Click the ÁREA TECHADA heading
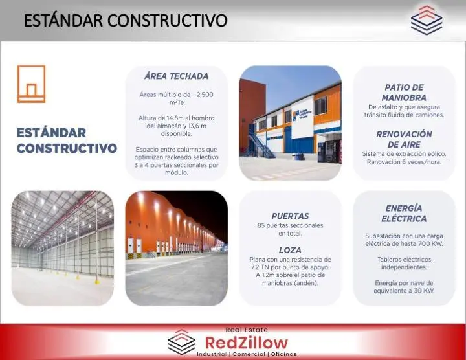pyautogui.click(x=176, y=76)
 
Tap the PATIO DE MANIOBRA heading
pyautogui.click(x=404, y=93)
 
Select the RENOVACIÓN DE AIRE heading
pyautogui.click(x=404, y=139)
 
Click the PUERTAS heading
pyautogui.click(x=290, y=216)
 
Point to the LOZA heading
pyautogui.click(x=290, y=250)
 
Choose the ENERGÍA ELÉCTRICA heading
pyautogui.click(x=404, y=214)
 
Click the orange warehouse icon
pyautogui.click(x=32, y=84)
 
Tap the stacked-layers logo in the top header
pyautogui.click(x=427, y=20)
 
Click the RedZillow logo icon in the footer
pyautogui.click(x=182, y=342)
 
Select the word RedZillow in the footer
pyautogui.click(x=247, y=343)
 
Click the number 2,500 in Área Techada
pyautogui.click(x=204, y=95)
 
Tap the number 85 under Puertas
pyautogui.click(x=261, y=225)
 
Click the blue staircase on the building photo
pyautogui.click(x=261, y=142)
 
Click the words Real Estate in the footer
pyautogui.click(x=247, y=330)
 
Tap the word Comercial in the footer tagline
pyautogui.click(x=249, y=354)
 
